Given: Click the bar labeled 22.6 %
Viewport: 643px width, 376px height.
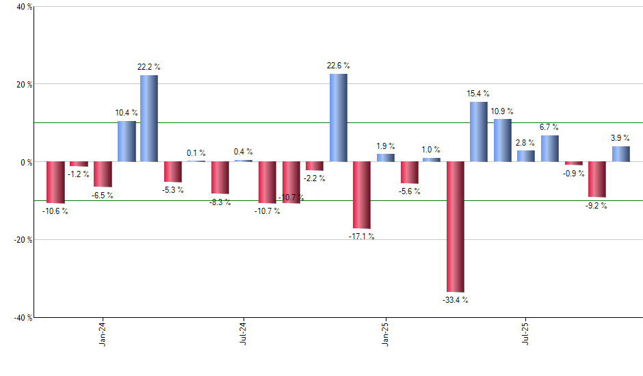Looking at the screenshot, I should point(339,118).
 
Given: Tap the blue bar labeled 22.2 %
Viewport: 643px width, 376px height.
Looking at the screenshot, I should point(149,118).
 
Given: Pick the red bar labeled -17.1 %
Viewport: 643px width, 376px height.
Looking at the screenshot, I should point(362,195).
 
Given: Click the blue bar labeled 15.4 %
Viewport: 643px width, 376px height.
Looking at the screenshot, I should point(479,132).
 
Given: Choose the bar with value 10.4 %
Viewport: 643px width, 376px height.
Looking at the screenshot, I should point(126,142).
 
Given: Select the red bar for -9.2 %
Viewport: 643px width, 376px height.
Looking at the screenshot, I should point(597,179).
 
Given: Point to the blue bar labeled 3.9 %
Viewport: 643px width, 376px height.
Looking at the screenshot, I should point(621,154).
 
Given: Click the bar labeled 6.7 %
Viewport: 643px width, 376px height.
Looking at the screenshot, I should point(550,148).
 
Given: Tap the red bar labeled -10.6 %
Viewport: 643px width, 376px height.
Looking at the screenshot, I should point(55,183).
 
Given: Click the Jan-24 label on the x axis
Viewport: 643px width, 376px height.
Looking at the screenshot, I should point(103,334).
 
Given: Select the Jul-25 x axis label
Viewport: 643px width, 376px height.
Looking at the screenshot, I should point(525,334).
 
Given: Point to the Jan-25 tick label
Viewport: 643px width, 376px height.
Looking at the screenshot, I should point(384,334).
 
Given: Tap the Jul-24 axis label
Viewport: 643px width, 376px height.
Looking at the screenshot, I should point(244,334).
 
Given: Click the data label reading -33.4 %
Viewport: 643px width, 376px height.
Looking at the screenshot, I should point(456,300).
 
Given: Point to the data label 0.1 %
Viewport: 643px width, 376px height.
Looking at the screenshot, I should point(196,153).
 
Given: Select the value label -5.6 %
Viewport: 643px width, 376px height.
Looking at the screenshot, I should point(409,191).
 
